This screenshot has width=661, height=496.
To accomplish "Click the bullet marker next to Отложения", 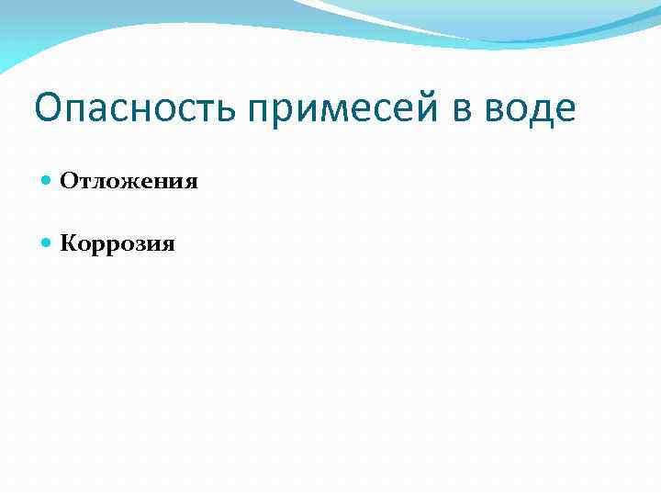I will coord(48,181).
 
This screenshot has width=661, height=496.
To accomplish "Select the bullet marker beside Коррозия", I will coord(48,243).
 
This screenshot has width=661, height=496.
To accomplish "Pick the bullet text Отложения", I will coord(129,181).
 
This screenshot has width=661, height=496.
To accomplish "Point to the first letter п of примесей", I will coord(260,113).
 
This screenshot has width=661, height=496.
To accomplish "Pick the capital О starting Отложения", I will coord(68,181).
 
